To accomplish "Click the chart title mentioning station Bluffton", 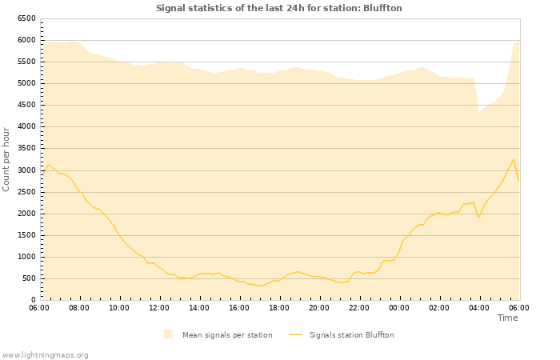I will point(279,8).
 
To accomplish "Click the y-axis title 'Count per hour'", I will point(6,159).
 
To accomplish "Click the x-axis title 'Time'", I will point(507,318).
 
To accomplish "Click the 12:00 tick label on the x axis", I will point(159,308).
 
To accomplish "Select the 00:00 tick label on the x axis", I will point(399,308).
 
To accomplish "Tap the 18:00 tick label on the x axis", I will point(279,308).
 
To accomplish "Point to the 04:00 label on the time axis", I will point(479,308).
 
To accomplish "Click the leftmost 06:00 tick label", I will point(39,308).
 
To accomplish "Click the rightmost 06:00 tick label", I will point(519,308).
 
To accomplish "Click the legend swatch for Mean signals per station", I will point(168,334).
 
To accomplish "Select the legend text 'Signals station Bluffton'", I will point(351,335).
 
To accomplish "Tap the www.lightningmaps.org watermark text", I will point(45,354).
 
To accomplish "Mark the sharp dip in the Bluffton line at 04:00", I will point(478,218).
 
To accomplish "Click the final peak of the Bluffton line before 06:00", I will point(514,159).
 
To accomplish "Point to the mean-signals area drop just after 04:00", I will point(479,111).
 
